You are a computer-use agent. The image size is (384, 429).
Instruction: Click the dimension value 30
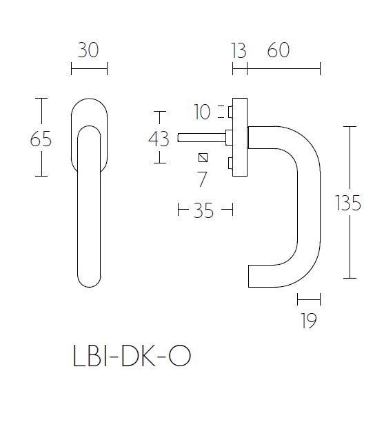[x=89, y=50]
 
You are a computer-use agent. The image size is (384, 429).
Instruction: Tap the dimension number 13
[x=239, y=50]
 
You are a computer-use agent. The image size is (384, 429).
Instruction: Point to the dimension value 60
[x=277, y=50]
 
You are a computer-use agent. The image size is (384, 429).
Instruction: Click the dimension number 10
[x=203, y=112]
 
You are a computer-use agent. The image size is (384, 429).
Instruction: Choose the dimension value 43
[x=159, y=139]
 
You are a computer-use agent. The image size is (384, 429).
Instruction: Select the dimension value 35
[x=203, y=211]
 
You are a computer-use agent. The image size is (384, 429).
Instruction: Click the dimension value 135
[x=348, y=203]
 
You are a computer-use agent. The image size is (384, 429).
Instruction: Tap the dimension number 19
[x=309, y=321]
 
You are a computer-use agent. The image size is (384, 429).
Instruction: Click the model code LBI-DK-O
[x=131, y=357]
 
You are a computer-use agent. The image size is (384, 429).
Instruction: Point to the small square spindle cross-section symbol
[x=203, y=157]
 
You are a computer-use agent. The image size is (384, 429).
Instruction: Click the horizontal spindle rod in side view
[x=200, y=137]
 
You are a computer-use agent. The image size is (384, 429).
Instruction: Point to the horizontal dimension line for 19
[x=309, y=299]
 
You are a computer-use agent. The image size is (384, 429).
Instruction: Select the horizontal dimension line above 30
[x=89, y=68]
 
